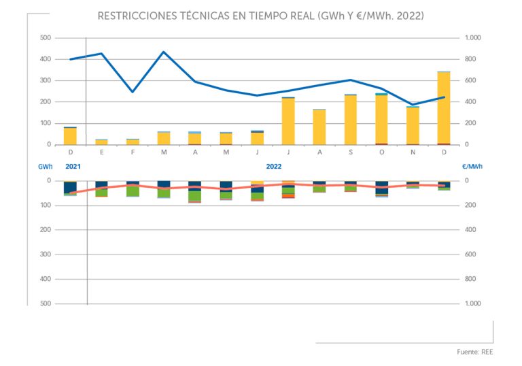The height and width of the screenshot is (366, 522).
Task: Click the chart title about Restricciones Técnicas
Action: coord(261,15)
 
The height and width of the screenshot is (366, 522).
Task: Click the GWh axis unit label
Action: coord(46,166)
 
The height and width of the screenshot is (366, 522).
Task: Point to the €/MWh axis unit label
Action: coord(471,166)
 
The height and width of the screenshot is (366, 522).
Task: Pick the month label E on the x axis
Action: coord(101,152)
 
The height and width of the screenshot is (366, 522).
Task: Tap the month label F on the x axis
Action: coord(133,152)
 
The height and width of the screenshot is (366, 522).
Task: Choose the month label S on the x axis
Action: coord(350,152)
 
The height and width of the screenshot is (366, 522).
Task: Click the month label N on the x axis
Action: coord(413,152)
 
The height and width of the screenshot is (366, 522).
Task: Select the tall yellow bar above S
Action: coord(350,120)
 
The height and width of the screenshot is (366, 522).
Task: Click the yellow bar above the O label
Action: coord(381,120)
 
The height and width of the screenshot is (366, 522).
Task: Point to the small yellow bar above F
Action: coord(133,142)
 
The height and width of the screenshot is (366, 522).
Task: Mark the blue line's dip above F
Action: coord(133,92)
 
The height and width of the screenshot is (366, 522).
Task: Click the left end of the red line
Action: coord(71,193)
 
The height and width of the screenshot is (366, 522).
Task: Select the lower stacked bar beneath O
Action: coord(381,188)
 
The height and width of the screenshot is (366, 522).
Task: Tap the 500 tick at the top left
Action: coord(46,38)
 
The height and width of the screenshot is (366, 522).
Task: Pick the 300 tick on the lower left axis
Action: coord(46,254)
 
